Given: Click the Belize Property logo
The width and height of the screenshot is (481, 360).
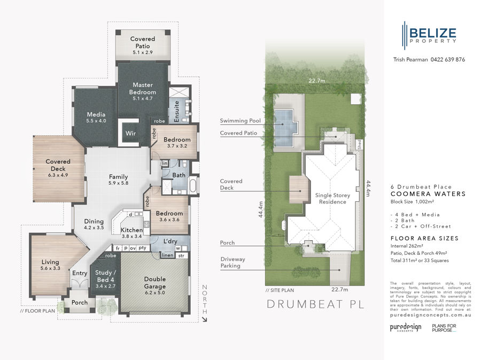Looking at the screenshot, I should coord(430,33).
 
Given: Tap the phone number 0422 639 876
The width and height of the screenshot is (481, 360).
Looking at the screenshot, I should coord(447,60).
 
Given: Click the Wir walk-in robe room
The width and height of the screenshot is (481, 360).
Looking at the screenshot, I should coord(129,133).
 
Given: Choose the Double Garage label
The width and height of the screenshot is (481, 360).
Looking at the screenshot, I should coord(154,282).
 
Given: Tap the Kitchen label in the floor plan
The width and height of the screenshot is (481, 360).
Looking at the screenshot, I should coord(131,230).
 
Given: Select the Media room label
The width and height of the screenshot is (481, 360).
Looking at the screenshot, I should coord(96,114).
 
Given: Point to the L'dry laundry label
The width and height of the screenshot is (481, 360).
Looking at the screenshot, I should coord(171,241).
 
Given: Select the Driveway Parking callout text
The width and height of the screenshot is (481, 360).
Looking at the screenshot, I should coord(233,262).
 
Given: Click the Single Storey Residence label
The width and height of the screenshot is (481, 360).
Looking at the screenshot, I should coord(332,199).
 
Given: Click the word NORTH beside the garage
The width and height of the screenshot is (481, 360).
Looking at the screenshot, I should coord(203,302).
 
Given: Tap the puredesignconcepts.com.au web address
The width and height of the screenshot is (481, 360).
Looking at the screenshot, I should coord(431,315).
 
